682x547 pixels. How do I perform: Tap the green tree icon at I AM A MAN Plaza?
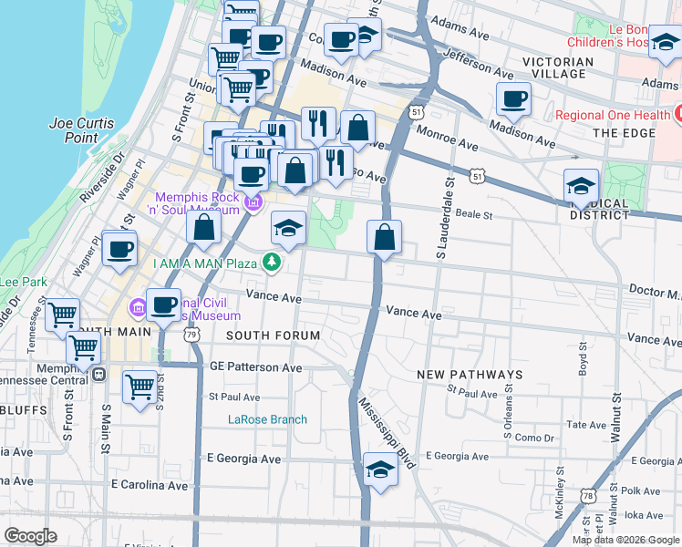(271, 263)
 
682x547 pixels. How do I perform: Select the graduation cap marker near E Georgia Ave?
(380, 470)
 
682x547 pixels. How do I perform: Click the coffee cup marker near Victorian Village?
(513, 99)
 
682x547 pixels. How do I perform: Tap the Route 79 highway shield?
(191, 335)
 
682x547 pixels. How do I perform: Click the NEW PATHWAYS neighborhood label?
(470, 375)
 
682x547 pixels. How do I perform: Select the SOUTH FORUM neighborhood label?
(273, 335)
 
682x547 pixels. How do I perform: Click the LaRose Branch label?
(267, 419)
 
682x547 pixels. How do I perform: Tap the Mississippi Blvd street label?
(387, 433)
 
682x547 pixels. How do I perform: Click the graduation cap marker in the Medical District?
(581, 187)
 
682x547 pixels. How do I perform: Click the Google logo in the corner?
(31, 536)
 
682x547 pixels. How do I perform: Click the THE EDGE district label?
(619, 133)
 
